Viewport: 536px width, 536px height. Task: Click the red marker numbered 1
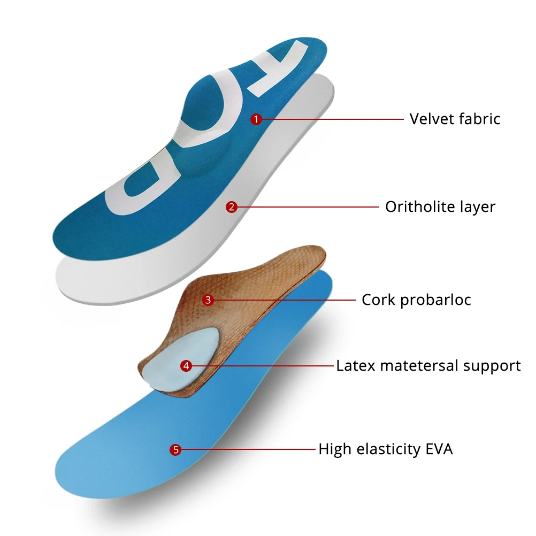click(x=256, y=119)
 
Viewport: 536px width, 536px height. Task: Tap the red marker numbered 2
click(x=231, y=207)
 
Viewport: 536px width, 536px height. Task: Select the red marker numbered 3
click(x=208, y=300)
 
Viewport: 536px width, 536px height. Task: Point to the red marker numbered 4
click(x=186, y=366)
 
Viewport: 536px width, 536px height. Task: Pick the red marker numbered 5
click(x=175, y=450)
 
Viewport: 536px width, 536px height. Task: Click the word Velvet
click(x=431, y=118)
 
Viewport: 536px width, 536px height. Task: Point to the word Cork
click(x=378, y=300)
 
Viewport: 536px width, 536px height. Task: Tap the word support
click(x=492, y=366)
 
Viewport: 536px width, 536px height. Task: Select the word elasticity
click(x=386, y=449)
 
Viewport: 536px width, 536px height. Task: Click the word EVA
click(x=439, y=449)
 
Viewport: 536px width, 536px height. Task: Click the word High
click(x=334, y=449)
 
